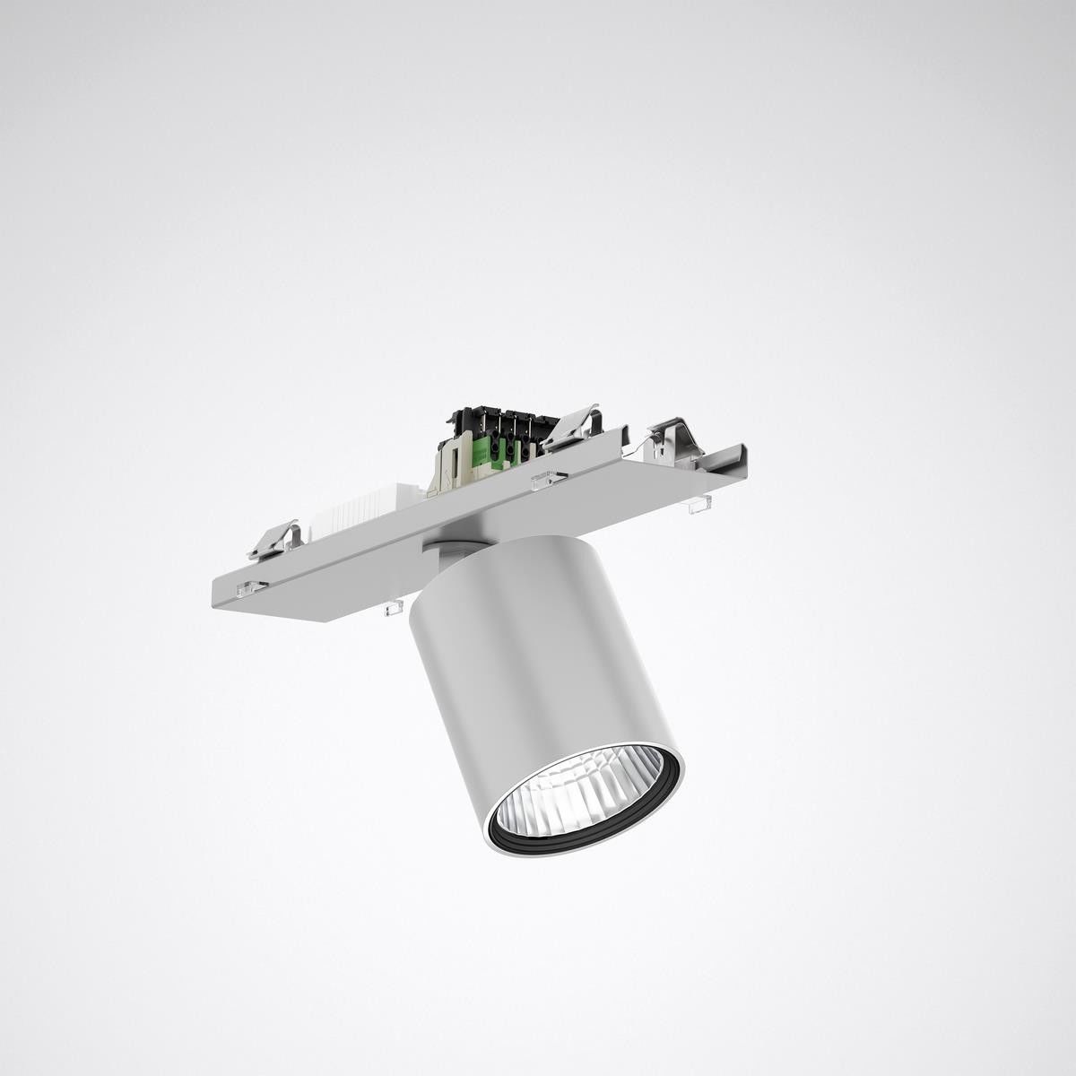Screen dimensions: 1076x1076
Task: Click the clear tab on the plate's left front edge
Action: (x=251, y=589)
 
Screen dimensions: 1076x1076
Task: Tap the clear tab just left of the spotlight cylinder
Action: (x=392, y=610)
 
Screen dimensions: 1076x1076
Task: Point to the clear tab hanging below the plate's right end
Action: (x=698, y=508)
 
